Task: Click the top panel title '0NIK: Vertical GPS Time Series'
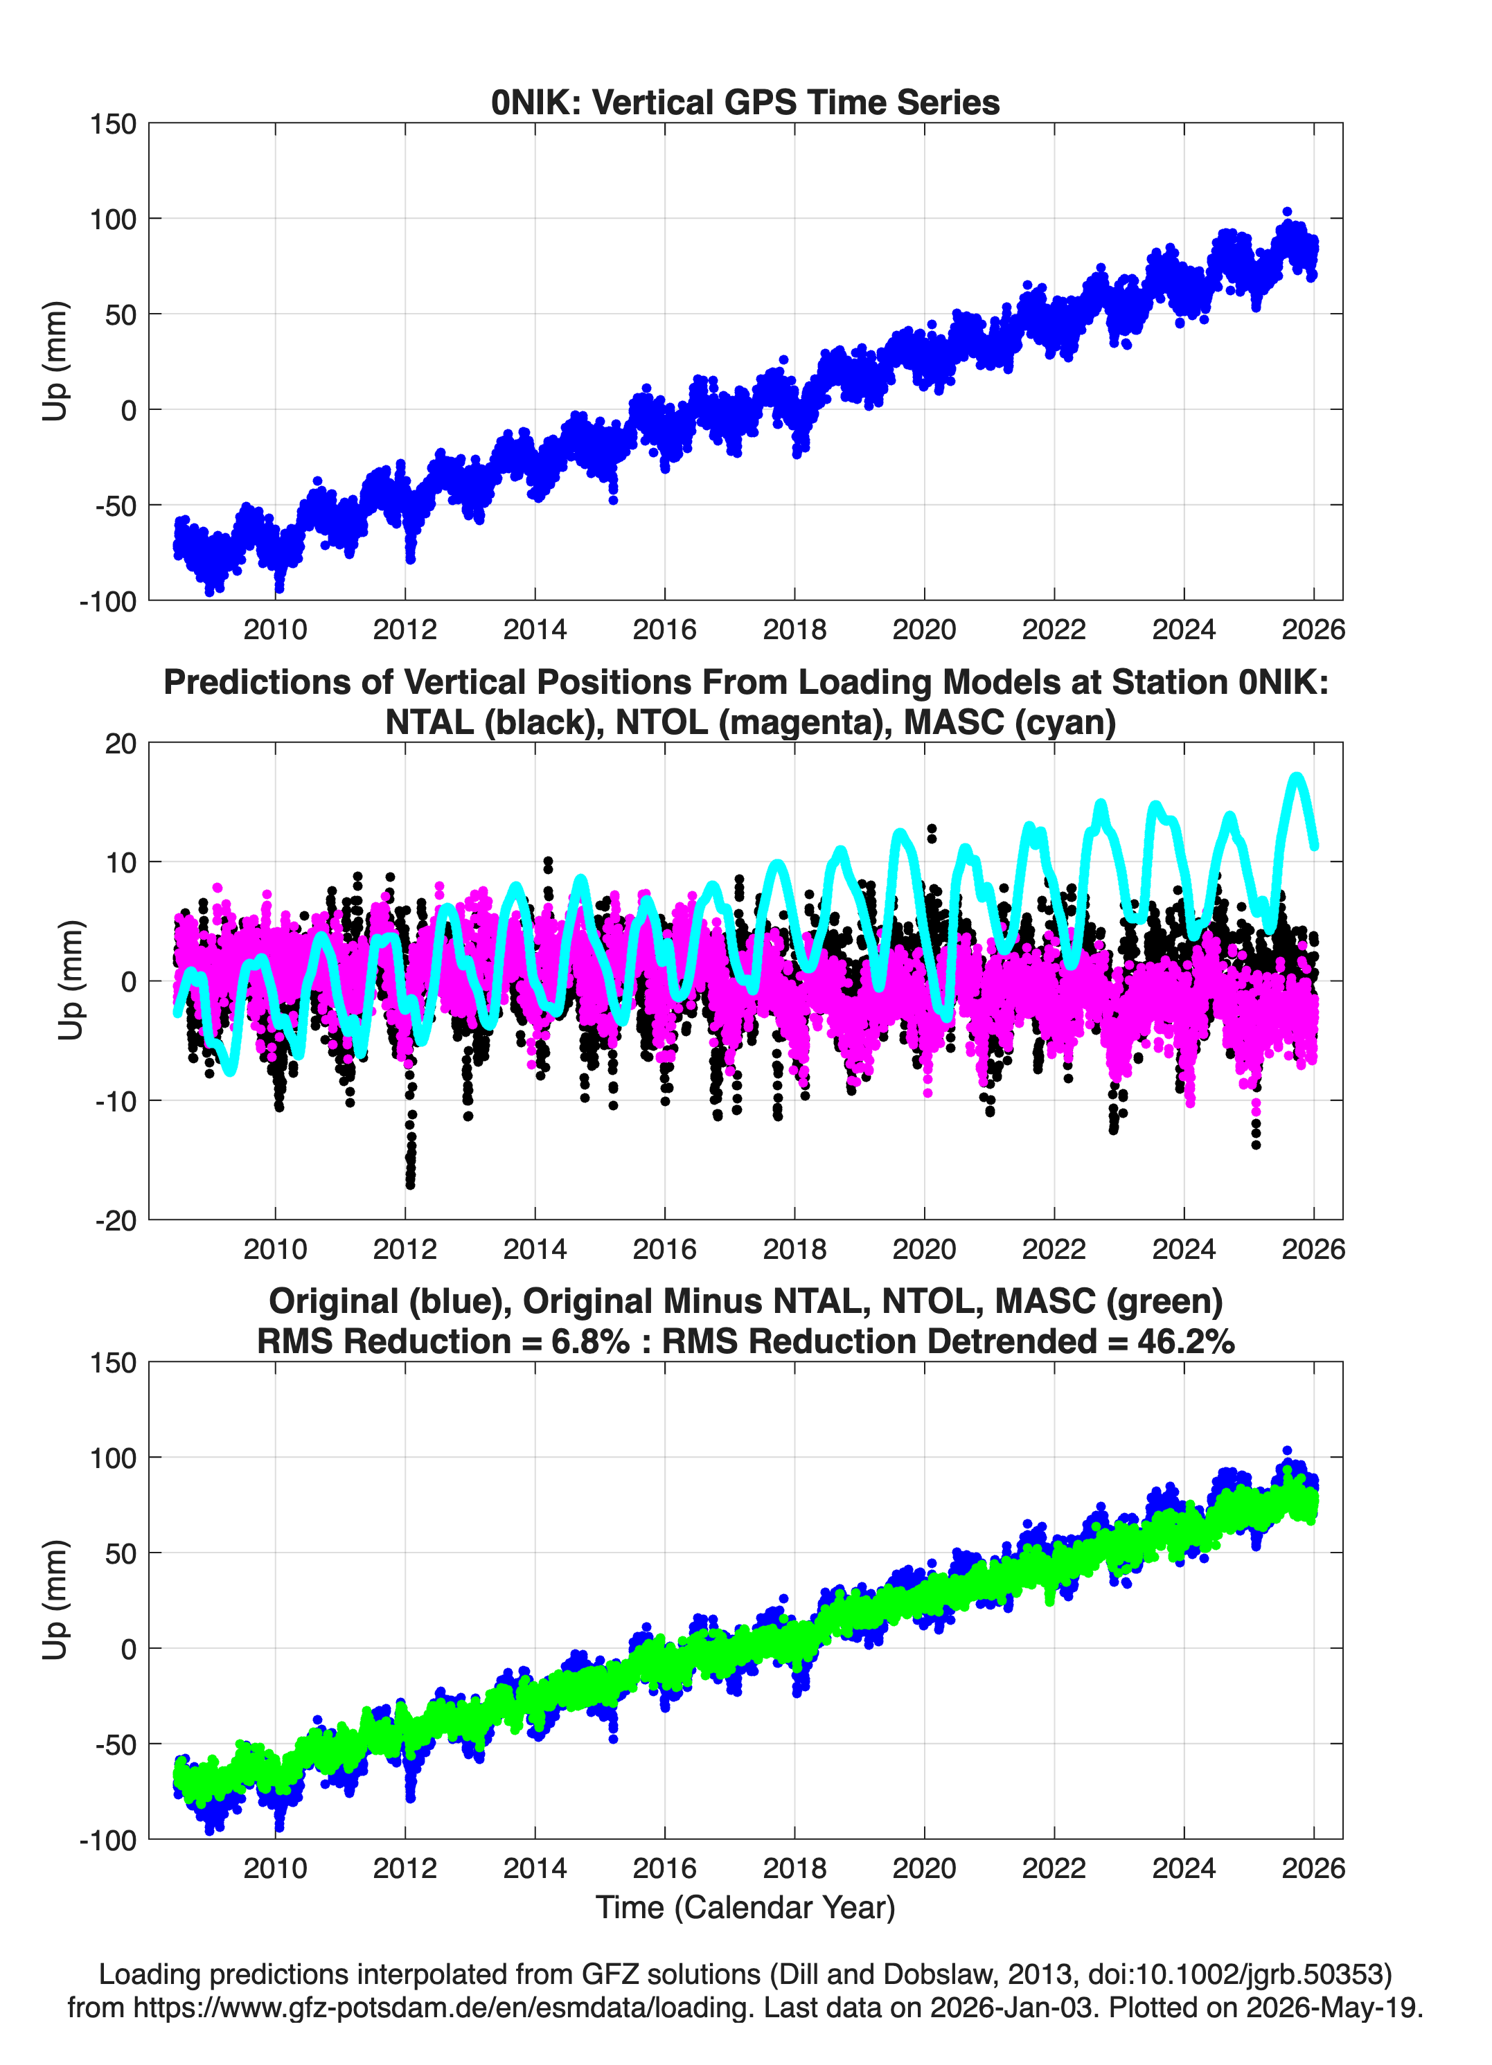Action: pyautogui.click(x=745, y=102)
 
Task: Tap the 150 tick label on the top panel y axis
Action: pyautogui.click(x=112, y=124)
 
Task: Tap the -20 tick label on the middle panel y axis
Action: pyautogui.click(x=115, y=1220)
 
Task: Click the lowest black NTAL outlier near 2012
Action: pyautogui.click(x=410, y=1185)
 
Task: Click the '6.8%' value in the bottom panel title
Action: pyautogui.click(x=590, y=1341)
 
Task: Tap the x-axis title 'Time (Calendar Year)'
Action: pyautogui.click(x=745, y=1906)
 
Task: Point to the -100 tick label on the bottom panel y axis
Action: pyautogui.click(x=107, y=1840)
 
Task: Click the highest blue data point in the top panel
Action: pyautogui.click(x=1287, y=211)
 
